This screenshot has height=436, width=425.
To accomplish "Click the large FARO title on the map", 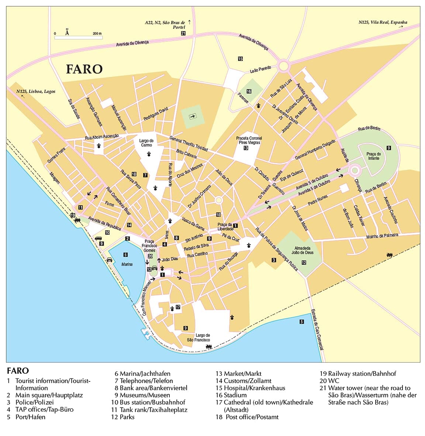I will coord(84,69).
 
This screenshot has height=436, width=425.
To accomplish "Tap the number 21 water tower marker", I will coord(183,33).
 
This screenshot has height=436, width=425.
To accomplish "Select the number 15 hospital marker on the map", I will coord(240,59).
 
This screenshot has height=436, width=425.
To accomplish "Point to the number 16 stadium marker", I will coord(249,91).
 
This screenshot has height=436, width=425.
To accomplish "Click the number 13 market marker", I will coord(246,148).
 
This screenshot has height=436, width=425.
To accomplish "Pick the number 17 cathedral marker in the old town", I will coord(178,307).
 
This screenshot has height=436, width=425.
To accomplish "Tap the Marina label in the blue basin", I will coord(127,264).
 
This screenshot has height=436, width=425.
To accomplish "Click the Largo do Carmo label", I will coord(146,143).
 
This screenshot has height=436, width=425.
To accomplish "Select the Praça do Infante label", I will coord(373,156).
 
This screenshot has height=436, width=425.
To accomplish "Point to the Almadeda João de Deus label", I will coord(303,250).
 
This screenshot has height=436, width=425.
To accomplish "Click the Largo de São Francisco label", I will coord(198,337).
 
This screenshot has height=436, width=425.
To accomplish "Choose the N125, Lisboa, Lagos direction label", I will coord(36,92).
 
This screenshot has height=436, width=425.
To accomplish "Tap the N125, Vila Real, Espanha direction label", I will coord(383,22).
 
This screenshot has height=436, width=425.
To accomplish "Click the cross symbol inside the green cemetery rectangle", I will coord(193,117).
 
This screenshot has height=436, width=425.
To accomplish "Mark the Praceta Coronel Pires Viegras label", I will coord(249,140).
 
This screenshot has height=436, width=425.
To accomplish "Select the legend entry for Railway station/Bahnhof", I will coord(358,374).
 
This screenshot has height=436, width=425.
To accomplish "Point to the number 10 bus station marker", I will coord(107,233).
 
